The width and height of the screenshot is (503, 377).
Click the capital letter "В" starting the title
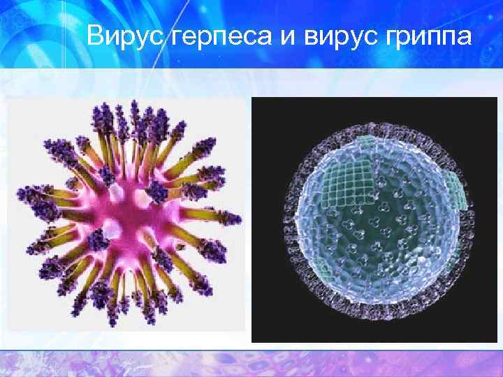click(96, 34)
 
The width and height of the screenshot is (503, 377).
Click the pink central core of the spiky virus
click(129, 216)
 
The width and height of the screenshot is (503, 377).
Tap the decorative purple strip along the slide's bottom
click(251, 363)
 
